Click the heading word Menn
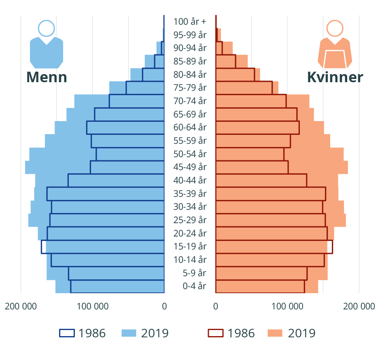point(47,77)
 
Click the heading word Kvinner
point(335,77)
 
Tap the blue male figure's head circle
point(47,28)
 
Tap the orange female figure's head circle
point(335,28)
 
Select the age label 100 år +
point(190,21)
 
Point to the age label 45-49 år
point(190,167)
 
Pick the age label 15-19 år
point(190,246)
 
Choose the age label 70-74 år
point(190,101)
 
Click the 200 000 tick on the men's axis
point(20,306)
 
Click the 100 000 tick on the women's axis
point(288,306)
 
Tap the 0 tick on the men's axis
point(164,306)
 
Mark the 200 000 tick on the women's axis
point(359,306)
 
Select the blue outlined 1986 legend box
point(67,333)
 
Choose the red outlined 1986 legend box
point(216,333)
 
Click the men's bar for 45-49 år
point(121,167)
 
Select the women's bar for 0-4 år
point(259,286)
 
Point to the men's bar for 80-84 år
point(152,75)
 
